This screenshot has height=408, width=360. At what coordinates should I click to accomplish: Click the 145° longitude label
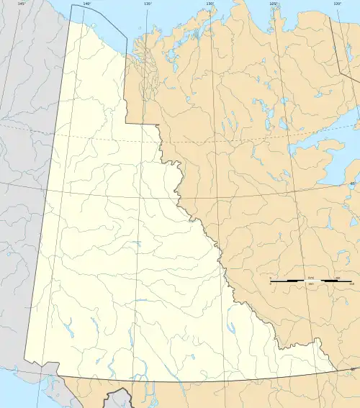[22, 4]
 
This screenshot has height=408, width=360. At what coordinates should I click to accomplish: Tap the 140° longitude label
[86, 4]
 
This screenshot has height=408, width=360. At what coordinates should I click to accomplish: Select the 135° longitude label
[148, 4]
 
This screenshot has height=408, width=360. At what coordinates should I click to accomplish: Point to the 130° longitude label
[210, 4]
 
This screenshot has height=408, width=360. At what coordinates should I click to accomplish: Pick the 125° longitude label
[273, 4]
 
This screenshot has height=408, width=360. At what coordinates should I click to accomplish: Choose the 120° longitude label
[336, 4]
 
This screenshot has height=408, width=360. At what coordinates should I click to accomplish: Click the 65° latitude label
[352, 184]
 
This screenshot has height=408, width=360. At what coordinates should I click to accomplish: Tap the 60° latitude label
[352, 370]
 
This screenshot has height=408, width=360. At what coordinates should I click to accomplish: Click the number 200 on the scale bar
[336, 278]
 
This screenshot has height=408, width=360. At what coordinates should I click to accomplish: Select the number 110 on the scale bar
[351, 284]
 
